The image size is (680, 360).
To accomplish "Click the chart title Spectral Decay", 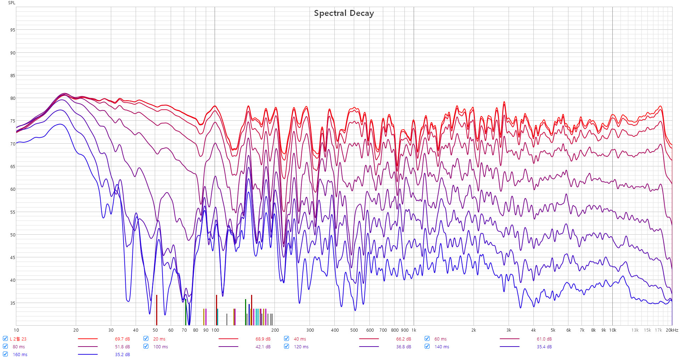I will tap(344, 13).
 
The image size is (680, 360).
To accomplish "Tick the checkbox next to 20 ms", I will tap(146, 338).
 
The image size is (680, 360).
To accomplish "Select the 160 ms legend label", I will tap(20, 354).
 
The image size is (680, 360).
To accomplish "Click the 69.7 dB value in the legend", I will tap(122, 339).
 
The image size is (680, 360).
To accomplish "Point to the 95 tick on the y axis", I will tap(13, 30).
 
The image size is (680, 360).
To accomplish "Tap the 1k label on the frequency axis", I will tap(414, 330).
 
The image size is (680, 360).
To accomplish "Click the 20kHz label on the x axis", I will tap(672, 330).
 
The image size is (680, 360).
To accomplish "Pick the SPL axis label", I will tap(12, 3).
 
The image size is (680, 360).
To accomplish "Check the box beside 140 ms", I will tap(427, 346).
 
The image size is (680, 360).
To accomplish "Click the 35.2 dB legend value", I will tap(122, 354).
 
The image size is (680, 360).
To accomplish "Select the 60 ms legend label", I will tap(440, 339).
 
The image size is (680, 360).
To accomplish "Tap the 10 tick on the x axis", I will tap(16, 330).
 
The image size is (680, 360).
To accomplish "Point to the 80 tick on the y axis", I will tap(13, 98).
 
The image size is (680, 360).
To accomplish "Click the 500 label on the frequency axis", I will tap(354, 330).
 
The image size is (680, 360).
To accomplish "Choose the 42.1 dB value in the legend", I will tap(263, 347).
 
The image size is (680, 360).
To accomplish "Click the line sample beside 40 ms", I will tap(369, 339).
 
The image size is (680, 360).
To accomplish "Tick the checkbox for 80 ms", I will tap(5, 346).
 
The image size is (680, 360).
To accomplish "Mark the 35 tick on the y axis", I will tap(13, 303).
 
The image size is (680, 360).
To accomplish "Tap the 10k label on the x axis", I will tap(613, 330).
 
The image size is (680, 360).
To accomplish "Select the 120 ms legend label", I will tap(301, 347).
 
